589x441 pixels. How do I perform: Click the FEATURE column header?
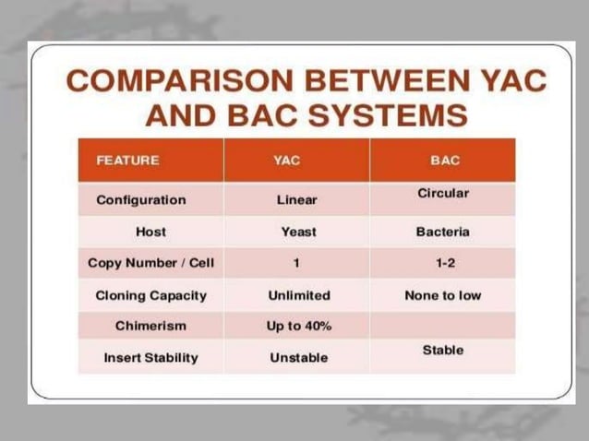[x=127, y=161]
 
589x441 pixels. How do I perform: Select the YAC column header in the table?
[x=287, y=161]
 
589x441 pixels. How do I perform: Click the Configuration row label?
[x=141, y=199]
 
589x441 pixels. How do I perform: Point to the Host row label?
[x=150, y=232]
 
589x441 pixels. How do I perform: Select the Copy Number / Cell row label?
[x=150, y=263]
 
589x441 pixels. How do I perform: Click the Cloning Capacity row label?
[x=150, y=296]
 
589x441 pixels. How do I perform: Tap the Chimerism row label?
[x=150, y=326]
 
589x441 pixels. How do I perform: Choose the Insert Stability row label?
[x=150, y=357]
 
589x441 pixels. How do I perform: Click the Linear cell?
[x=296, y=199]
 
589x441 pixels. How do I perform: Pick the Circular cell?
[x=443, y=194]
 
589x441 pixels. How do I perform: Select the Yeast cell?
[x=298, y=232]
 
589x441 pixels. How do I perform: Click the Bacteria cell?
[x=443, y=232]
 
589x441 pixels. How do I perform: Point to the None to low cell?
[x=443, y=296]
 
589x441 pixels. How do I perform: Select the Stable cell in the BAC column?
[x=443, y=351]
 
